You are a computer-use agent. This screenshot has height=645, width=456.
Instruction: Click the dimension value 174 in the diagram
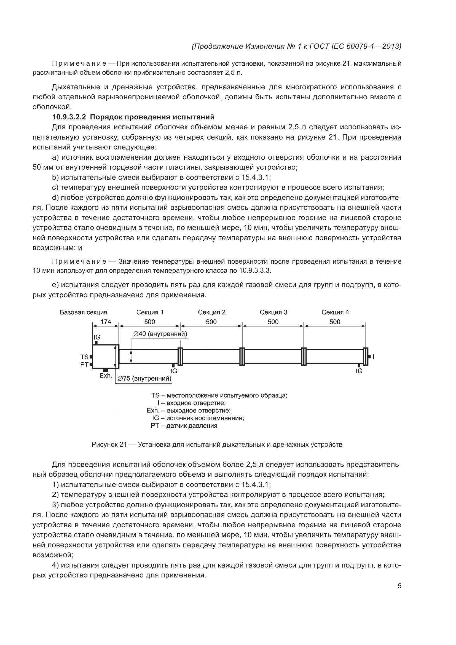click(x=106, y=322)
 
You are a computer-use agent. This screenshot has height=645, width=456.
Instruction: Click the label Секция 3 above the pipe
click(x=273, y=312)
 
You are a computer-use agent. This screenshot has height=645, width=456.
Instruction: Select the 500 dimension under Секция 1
click(x=149, y=322)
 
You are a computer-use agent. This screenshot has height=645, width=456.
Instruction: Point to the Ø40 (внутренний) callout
click(x=160, y=334)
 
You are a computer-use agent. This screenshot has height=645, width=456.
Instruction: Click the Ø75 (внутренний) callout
click(x=144, y=378)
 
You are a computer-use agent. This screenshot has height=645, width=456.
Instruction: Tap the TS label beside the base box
click(x=84, y=357)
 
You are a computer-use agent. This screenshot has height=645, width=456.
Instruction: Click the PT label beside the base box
click(x=84, y=364)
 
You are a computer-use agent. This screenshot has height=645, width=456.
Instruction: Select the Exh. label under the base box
click(x=106, y=376)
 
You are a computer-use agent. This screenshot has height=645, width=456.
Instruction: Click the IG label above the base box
click(x=97, y=337)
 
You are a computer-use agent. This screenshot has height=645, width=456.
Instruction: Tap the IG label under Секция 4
click(x=359, y=371)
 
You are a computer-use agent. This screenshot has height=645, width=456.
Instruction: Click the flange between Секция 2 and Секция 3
click(x=242, y=357)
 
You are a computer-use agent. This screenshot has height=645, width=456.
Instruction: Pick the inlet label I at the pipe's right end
click(x=373, y=357)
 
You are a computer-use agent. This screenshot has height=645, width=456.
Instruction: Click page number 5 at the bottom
click(x=399, y=586)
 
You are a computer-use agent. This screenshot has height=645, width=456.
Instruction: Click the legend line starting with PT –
click(x=184, y=425)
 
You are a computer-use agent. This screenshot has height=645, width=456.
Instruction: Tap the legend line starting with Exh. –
click(x=188, y=410)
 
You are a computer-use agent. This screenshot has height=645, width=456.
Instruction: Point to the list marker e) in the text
click(x=55, y=285)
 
